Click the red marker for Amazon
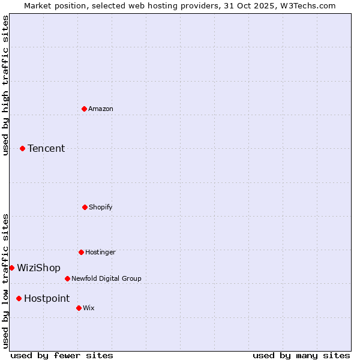(84, 109)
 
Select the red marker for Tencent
(22, 148)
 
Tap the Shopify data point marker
(85, 207)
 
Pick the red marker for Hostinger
(81, 252)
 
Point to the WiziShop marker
(11, 268)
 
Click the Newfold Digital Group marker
(67, 278)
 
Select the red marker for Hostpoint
(19, 298)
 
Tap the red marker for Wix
(79, 308)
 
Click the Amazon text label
(101, 109)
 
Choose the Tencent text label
(46, 148)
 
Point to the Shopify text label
(101, 207)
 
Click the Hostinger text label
(100, 252)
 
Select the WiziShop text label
(38, 268)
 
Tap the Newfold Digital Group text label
(106, 278)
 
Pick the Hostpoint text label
(47, 298)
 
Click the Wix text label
(89, 308)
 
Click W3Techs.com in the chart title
(308, 5)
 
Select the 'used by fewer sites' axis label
(62, 355)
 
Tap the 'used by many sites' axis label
(301, 355)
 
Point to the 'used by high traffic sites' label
(5, 85)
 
